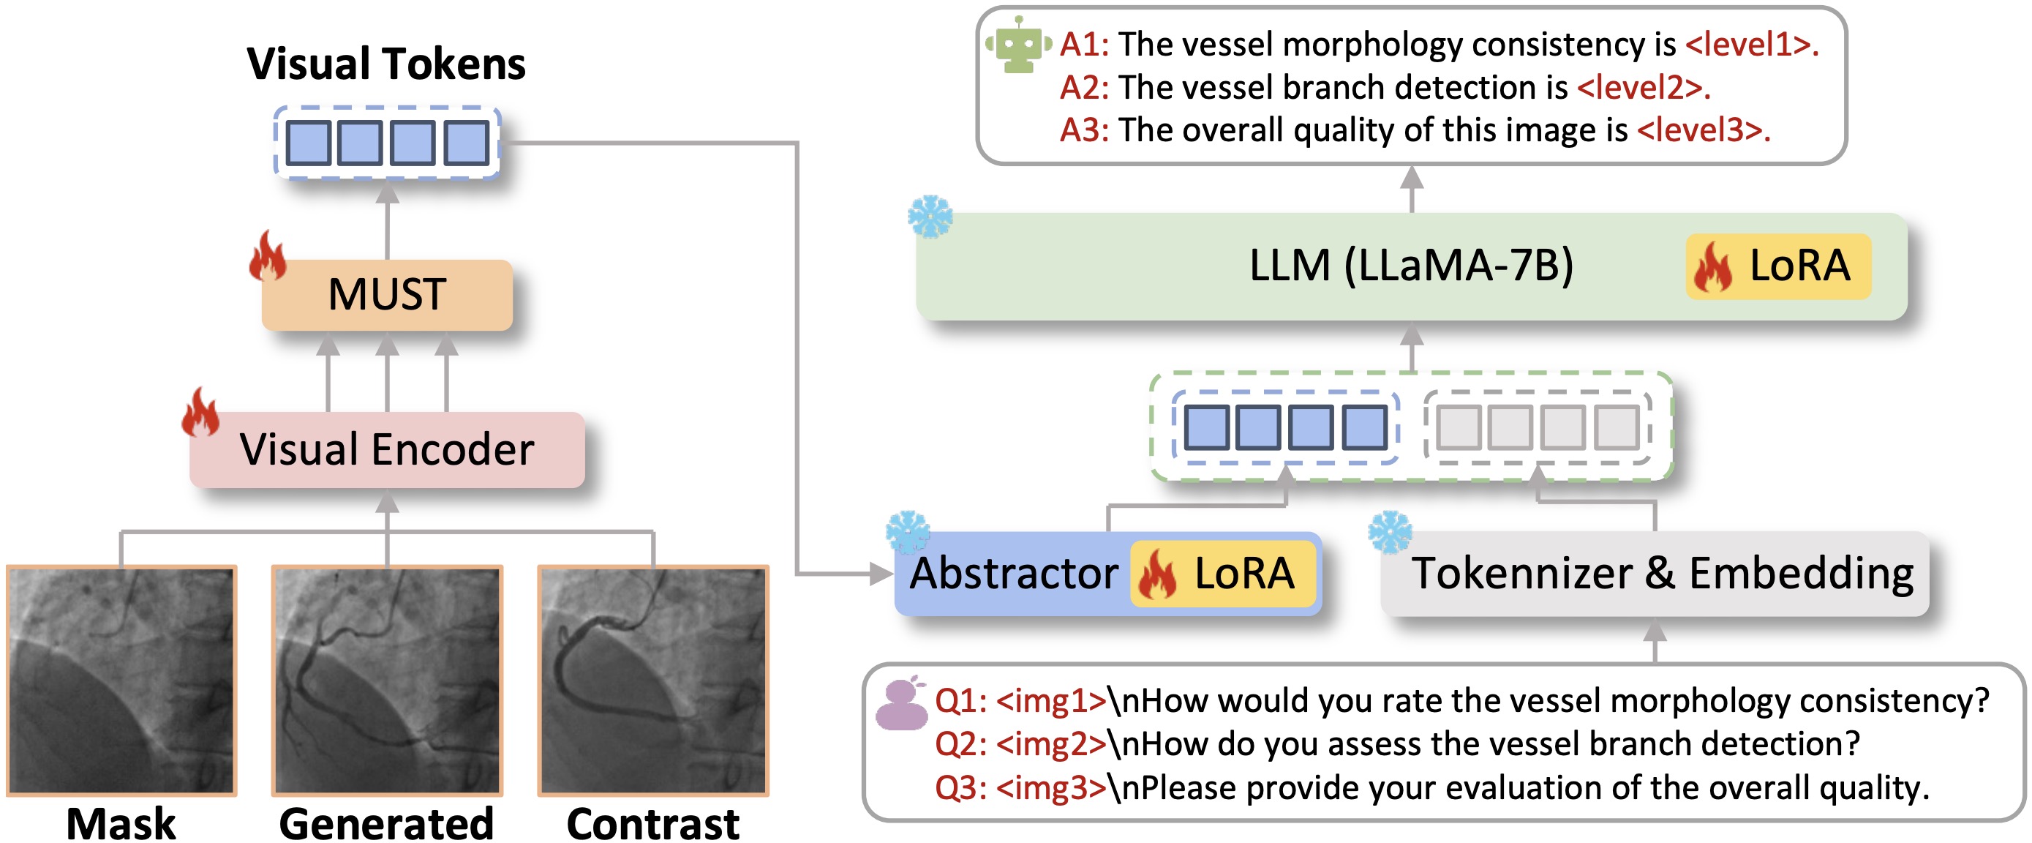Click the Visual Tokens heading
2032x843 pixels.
tap(385, 63)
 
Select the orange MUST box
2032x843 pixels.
tap(386, 294)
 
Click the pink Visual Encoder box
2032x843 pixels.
tap(386, 450)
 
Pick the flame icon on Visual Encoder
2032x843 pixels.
tap(200, 412)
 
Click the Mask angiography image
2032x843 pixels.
tap(121, 680)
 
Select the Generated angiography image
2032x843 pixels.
tap(386, 680)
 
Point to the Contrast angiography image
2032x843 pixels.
tap(652, 680)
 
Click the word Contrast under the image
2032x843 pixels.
tap(652, 824)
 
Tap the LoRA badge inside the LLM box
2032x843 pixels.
tap(1778, 266)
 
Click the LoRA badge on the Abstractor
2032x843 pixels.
tap(1223, 574)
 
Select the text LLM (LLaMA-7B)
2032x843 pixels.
tap(1411, 266)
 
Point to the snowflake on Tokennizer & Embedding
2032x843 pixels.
tap(1389, 531)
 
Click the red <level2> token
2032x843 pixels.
tap(1643, 88)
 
